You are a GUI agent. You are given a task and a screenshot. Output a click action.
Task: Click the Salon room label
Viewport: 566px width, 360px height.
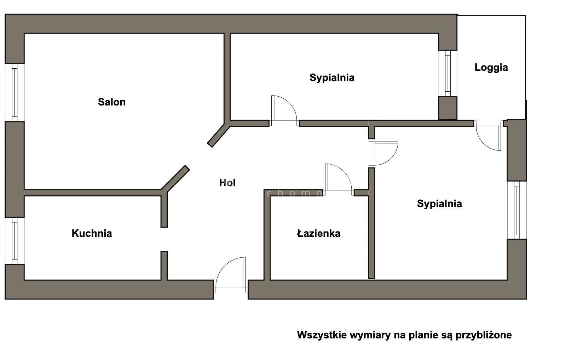[x=112, y=102]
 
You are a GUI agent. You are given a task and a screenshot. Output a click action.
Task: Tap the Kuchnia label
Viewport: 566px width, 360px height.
[x=92, y=233]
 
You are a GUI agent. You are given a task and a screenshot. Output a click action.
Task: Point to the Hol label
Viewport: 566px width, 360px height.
[x=227, y=183]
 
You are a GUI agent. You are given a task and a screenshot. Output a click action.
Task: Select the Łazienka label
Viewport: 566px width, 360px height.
[x=319, y=233]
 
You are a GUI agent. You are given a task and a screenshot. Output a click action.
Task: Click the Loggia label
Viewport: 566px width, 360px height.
[x=491, y=67]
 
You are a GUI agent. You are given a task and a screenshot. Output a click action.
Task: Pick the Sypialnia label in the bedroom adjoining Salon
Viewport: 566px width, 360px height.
[x=332, y=78]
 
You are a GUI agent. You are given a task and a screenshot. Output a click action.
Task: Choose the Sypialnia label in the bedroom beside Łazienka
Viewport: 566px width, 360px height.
[x=439, y=204]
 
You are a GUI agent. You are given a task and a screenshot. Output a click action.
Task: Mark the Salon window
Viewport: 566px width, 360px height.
[x=15, y=92]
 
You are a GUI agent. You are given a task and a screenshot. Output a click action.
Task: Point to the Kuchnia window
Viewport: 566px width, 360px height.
[x=15, y=240]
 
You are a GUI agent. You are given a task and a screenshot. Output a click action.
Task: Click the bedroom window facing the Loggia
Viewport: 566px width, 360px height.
[x=448, y=73]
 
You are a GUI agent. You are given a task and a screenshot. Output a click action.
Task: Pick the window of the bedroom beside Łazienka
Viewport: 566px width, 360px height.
[x=517, y=210]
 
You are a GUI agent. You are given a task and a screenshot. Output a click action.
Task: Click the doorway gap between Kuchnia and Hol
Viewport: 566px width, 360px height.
[x=164, y=239]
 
